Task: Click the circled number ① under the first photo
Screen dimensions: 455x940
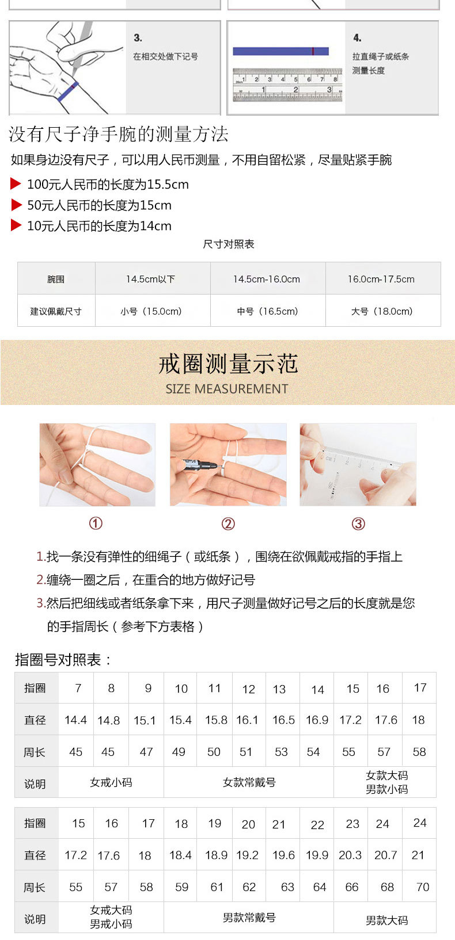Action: pyautogui.click(x=96, y=524)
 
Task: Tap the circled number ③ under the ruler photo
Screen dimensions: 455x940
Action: pyautogui.click(x=358, y=524)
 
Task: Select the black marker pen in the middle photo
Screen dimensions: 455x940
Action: pyautogui.click(x=200, y=464)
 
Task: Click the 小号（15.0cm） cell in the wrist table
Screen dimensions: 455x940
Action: pyautogui.click(x=151, y=311)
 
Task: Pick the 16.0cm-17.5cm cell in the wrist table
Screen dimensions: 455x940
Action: pyautogui.click(x=381, y=279)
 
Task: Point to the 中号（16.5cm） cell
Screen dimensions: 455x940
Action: pyautogui.click(x=268, y=311)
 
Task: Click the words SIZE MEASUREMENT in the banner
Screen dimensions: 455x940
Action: pyautogui.click(x=227, y=389)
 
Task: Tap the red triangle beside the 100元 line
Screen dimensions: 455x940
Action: pyautogui.click(x=16, y=184)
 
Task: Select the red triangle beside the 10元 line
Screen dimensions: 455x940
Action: pyautogui.click(x=16, y=225)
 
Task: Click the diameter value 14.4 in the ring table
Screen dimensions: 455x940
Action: pyautogui.click(x=75, y=720)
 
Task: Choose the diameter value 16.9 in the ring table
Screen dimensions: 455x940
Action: pyautogui.click(x=317, y=720)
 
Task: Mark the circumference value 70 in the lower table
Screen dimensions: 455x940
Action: pyautogui.click(x=423, y=886)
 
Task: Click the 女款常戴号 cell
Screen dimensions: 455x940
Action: pyautogui.click(x=249, y=782)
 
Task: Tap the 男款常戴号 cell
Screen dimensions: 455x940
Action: pyautogui.click(x=249, y=918)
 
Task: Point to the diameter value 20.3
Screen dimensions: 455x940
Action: pyautogui.click(x=350, y=855)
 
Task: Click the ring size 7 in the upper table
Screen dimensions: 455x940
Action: pyautogui.click(x=78, y=688)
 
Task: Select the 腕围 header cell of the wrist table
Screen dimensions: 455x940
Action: pyautogui.click(x=56, y=279)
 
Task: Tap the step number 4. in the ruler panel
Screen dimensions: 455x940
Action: pyautogui.click(x=357, y=38)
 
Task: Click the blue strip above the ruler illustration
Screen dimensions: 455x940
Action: pyautogui.click(x=280, y=51)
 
